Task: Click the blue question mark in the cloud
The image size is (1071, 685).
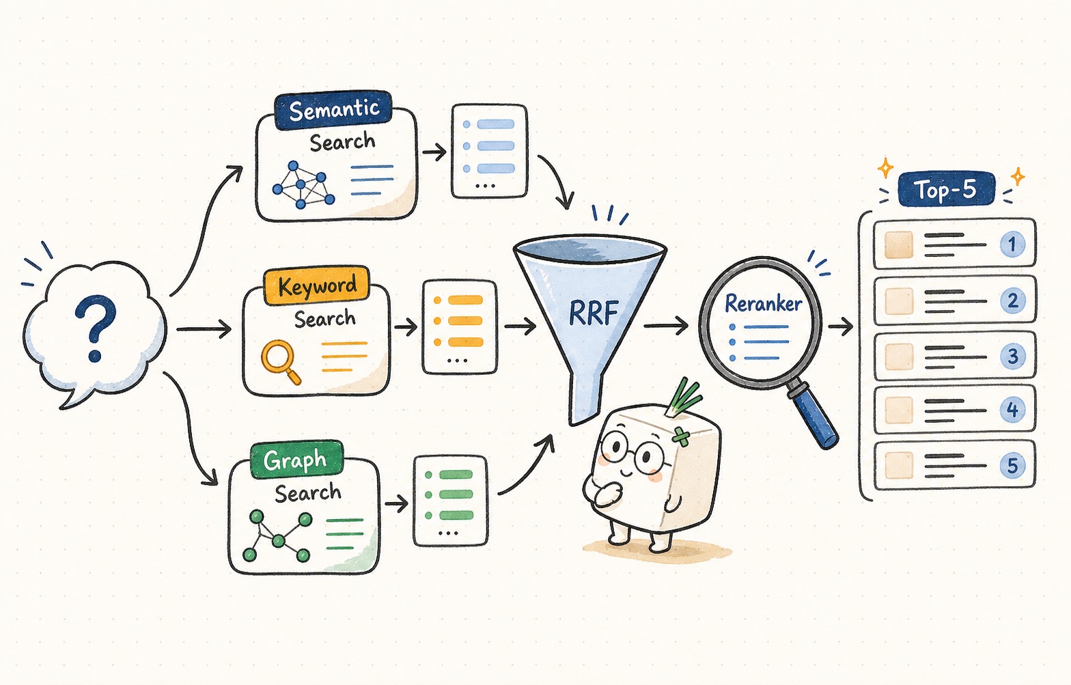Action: click(96, 327)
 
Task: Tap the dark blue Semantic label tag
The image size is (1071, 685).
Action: click(333, 109)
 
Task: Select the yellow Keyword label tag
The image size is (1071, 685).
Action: click(317, 285)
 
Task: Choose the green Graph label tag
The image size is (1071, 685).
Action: click(296, 460)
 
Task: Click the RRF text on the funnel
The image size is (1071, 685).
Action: click(594, 313)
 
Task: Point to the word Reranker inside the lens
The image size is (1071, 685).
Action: click(763, 303)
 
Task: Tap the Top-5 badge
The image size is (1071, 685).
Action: click(946, 189)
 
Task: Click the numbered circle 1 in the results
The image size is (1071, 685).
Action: click(1012, 244)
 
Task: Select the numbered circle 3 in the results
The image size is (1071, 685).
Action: click(1013, 357)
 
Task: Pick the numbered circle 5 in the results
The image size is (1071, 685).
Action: click(1013, 465)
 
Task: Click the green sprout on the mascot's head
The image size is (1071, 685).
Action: click(683, 397)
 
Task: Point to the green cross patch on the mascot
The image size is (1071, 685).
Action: click(682, 436)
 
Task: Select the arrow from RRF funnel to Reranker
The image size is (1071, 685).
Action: click(666, 326)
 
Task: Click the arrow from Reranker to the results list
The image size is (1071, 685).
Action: click(841, 326)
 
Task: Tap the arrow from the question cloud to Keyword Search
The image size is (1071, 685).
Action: click(204, 329)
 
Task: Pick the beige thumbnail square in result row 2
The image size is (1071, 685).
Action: click(899, 300)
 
